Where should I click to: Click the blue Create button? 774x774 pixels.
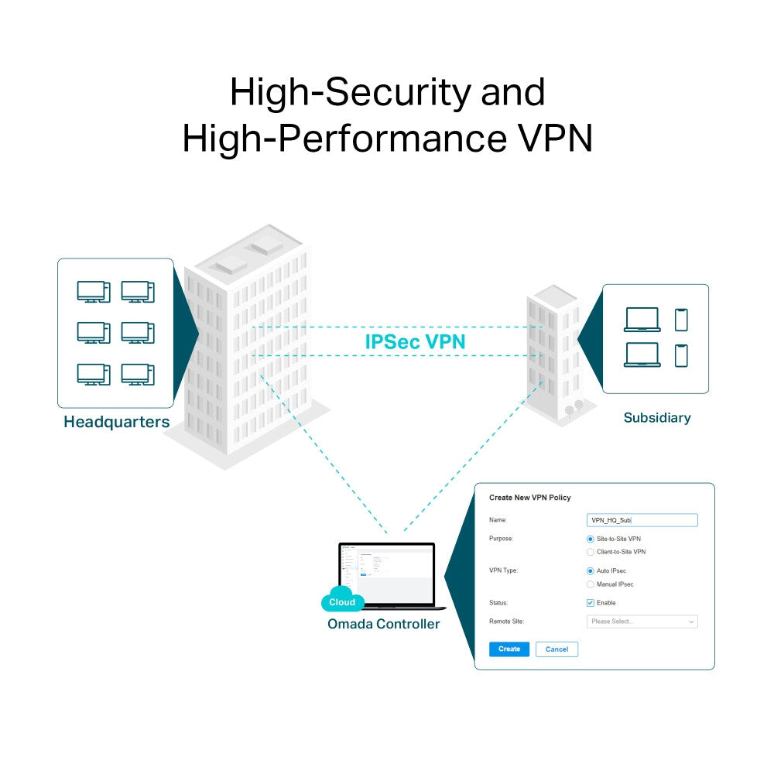pos(509,649)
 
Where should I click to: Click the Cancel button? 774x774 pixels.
pos(557,649)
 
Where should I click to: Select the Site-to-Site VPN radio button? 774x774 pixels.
pos(591,539)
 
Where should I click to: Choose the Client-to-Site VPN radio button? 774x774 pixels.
pos(591,552)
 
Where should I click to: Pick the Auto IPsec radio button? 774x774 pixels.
pos(591,571)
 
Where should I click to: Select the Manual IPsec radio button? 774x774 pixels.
pos(591,584)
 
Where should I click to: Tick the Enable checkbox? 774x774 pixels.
pos(591,603)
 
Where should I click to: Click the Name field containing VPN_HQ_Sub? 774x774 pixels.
pos(642,521)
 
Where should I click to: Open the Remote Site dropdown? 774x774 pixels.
pos(642,622)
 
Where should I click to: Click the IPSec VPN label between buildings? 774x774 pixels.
pos(415,341)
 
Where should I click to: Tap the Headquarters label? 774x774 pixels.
pos(116,423)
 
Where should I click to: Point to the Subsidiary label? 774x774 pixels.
pos(656,418)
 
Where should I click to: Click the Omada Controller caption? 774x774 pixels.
pos(383,624)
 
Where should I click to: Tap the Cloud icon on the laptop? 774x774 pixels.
pos(342,601)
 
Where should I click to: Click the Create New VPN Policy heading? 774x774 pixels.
pos(529,498)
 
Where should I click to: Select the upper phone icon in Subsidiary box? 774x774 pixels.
pos(681,320)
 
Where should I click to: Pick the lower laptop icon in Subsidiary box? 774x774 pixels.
pos(642,355)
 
